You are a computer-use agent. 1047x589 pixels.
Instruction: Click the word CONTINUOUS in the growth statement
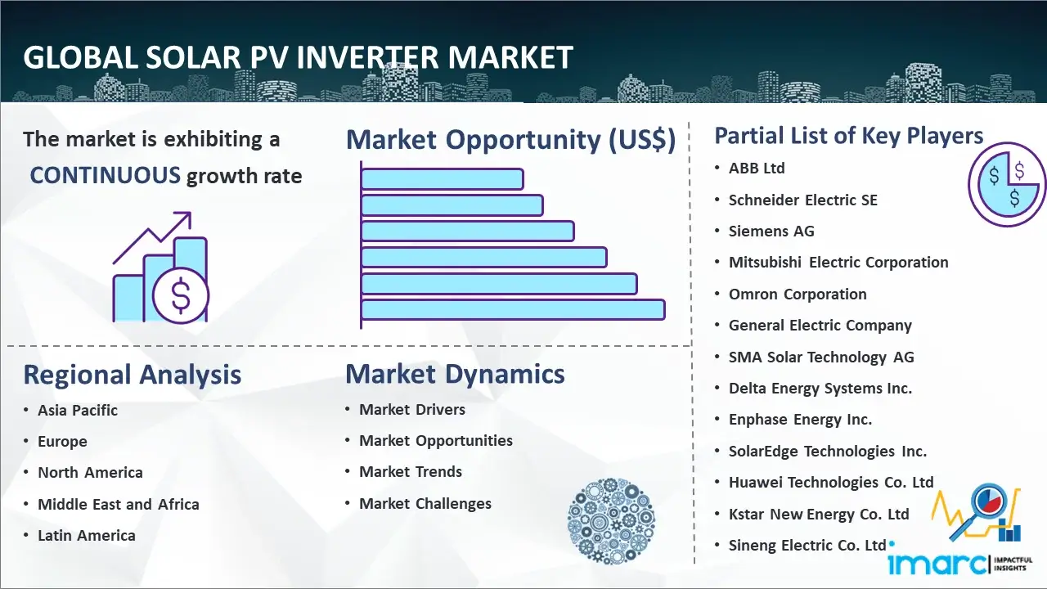(106, 176)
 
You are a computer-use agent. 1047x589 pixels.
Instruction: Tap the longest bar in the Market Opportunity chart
(513, 310)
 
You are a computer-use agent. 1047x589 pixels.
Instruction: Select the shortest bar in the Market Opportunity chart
(443, 179)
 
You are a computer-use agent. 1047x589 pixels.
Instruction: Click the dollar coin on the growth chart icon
(181, 296)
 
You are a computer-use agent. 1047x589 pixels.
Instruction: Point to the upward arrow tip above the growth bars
(189, 214)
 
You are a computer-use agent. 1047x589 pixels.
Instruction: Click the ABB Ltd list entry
(757, 169)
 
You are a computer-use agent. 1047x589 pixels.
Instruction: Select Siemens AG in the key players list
(771, 231)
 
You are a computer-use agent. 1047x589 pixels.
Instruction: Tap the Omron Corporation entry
(798, 294)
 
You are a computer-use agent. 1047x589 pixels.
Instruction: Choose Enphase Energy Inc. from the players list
(800, 420)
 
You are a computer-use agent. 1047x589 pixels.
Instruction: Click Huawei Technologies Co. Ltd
(831, 482)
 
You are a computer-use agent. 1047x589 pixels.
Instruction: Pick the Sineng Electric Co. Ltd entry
(807, 545)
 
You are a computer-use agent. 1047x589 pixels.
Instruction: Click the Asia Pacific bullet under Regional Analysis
(78, 410)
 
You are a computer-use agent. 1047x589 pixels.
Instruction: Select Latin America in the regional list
(87, 535)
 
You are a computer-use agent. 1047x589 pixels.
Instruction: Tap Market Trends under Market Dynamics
(411, 472)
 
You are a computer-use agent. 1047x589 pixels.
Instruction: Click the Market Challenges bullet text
(425, 503)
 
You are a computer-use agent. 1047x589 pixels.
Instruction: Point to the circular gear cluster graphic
(611, 521)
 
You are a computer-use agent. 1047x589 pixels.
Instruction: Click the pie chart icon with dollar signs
(1007, 185)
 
